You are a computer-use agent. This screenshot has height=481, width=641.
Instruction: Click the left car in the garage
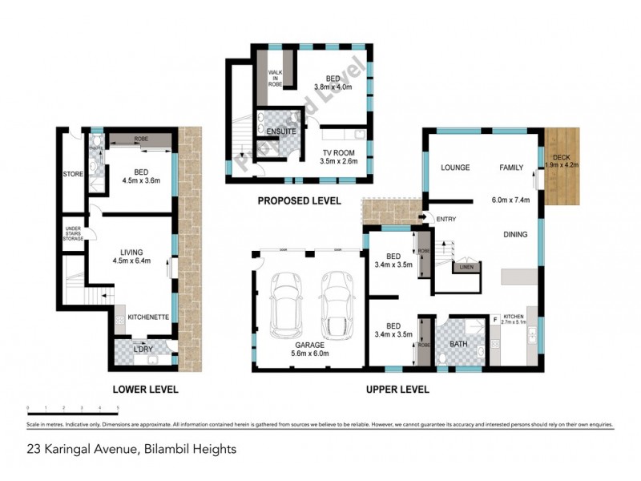pyautogui.click(x=287, y=307)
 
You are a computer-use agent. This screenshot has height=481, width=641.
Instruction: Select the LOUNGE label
pyautogui.click(x=454, y=168)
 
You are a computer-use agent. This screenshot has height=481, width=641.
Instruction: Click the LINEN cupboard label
pyautogui.click(x=466, y=267)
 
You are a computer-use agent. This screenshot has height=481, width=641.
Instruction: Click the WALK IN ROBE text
pyautogui.click(x=276, y=77)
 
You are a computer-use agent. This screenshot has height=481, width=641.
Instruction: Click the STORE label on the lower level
pyautogui.click(x=74, y=173)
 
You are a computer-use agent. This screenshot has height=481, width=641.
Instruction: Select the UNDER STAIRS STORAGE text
pyautogui.click(x=74, y=233)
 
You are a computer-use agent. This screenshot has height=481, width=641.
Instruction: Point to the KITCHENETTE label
pyautogui.click(x=148, y=317)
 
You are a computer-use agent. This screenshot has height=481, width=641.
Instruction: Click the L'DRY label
pyautogui.click(x=145, y=350)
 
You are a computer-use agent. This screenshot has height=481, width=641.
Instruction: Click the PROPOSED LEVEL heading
pyautogui.click(x=299, y=200)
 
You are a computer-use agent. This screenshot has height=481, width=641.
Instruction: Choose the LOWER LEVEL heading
pyautogui.click(x=145, y=390)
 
